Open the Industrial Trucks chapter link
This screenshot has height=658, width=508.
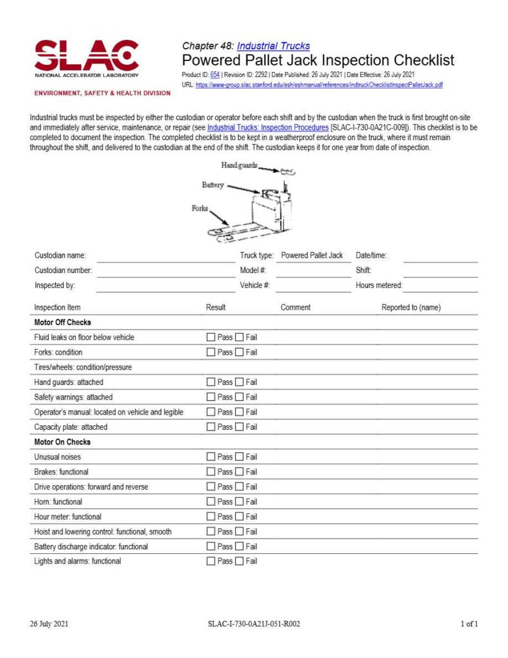point(273,46)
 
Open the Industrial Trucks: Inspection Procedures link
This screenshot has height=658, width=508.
point(268,128)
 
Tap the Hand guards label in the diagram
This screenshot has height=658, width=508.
point(239,165)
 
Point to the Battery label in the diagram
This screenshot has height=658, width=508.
point(213,185)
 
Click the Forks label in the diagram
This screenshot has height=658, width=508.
point(200,209)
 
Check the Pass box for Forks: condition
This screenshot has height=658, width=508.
point(211,352)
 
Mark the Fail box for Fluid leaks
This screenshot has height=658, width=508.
point(240,337)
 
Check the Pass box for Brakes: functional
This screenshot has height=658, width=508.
point(211,472)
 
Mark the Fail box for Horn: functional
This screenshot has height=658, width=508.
point(240,502)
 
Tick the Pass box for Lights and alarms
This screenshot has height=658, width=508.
point(211,562)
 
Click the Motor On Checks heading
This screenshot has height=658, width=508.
point(62,442)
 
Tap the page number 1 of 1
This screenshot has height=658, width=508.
point(469,624)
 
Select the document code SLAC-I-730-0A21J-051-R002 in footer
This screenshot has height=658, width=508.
point(254,624)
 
